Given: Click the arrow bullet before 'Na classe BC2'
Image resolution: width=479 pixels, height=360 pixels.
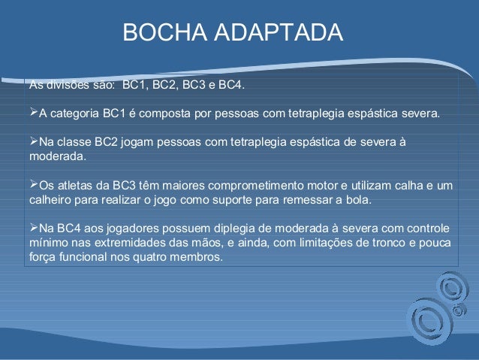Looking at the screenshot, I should (x=32, y=143).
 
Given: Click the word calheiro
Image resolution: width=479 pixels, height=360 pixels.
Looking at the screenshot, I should (x=50, y=200).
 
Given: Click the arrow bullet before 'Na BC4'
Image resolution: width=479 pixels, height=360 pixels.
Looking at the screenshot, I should (x=32, y=228).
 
